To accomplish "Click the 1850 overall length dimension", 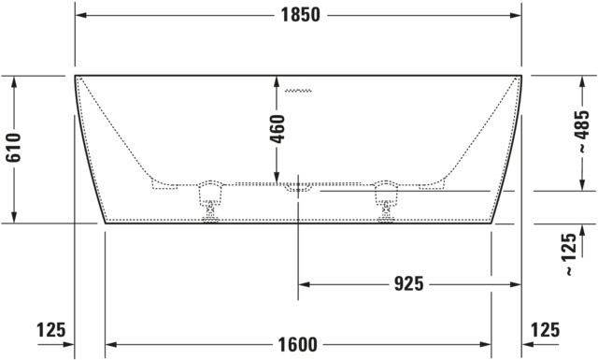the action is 301,15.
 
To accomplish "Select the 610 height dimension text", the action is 13,148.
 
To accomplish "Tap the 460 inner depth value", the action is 278,129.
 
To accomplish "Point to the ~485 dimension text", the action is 582,132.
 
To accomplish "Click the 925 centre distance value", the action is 408,283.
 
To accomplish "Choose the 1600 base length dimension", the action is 297,345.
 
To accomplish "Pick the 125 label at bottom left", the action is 51,329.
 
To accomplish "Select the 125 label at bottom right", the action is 546,329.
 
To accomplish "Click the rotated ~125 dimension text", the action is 570,254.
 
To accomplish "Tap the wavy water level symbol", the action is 298,91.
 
